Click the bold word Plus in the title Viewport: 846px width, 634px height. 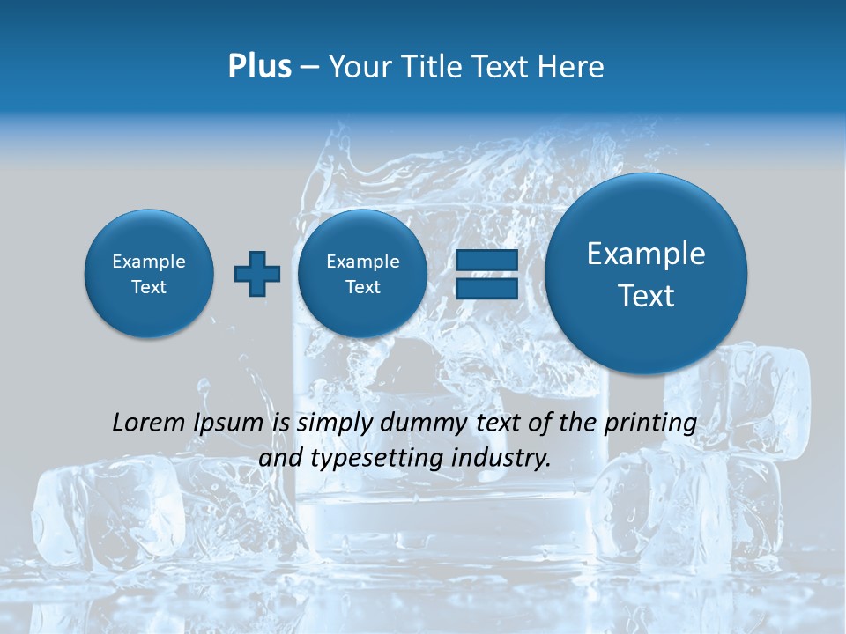[259, 67]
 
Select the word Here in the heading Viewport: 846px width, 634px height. [572, 67]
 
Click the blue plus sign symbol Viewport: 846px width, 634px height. [256, 274]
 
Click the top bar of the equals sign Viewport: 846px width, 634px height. [486, 262]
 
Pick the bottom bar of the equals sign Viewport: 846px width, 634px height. [486, 290]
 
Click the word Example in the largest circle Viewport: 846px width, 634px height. [646, 254]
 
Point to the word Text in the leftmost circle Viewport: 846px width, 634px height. [149, 287]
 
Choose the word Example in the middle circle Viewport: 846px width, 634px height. [362, 262]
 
